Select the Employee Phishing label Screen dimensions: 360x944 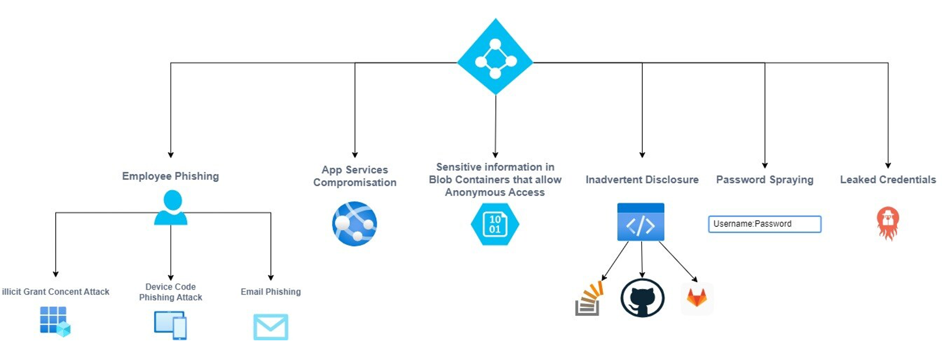(x=170, y=176)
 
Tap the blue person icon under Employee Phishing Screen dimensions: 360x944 (x=171, y=208)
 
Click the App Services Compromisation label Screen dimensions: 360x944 (x=354, y=176)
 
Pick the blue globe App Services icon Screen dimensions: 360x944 (x=354, y=224)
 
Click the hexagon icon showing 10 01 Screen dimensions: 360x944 (x=495, y=224)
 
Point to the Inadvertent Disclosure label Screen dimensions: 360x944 (x=642, y=180)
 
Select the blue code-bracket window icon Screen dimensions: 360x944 (x=641, y=222)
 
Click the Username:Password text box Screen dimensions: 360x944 (x=765, y=224)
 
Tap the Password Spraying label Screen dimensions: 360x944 (x=765, y=180)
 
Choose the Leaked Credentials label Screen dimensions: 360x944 (x=887, y=180)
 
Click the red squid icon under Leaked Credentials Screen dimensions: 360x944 (x=887, y=223)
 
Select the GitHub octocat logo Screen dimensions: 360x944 (x=642, y=298)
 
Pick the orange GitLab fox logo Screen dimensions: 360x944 (x=697, y=298)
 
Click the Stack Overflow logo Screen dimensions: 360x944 (x=589, y=299)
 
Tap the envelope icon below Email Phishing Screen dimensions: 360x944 (x=270, y=327)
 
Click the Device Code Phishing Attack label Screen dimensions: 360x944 (x=170, y=292)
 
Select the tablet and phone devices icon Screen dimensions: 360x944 (x=170, y=325)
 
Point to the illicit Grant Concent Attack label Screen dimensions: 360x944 (x=56, y=292)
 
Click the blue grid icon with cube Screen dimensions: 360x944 (x=55, y=321)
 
